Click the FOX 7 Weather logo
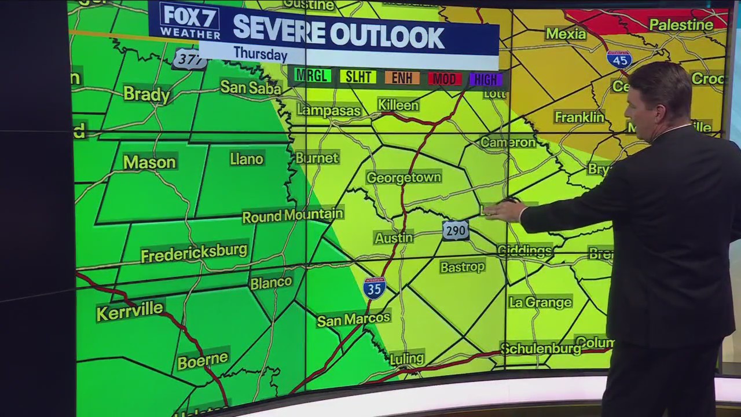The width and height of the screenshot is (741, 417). click(x=190, y=22)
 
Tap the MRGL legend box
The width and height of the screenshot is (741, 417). click(x=313, y=76)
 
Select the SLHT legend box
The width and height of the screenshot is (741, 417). click(x=358, y=77)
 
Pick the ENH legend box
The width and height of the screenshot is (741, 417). click(x=402, y=78)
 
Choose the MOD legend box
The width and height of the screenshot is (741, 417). click(x=445, y=79)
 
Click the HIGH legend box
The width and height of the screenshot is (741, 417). click(x=486, y=79)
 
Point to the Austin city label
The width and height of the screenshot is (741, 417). click(x=394, y=237)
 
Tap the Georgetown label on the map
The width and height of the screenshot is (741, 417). click(x=403, y=177)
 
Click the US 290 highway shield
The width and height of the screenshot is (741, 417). click(x=456, y=231)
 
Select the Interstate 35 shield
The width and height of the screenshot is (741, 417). click(x=375, y=288)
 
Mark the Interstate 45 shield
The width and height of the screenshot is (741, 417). click(x=619, y=59)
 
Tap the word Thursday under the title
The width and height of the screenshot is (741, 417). click(x=261, y=54)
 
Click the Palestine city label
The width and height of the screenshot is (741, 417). click(x=681, y=25)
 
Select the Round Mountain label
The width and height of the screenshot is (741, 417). click(x=292, y=216)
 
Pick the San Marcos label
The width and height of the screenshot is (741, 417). click(x=353, y=319)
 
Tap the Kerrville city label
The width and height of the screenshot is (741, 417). click(x=130, y=311)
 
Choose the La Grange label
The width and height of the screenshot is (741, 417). click(x=540, y=302)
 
